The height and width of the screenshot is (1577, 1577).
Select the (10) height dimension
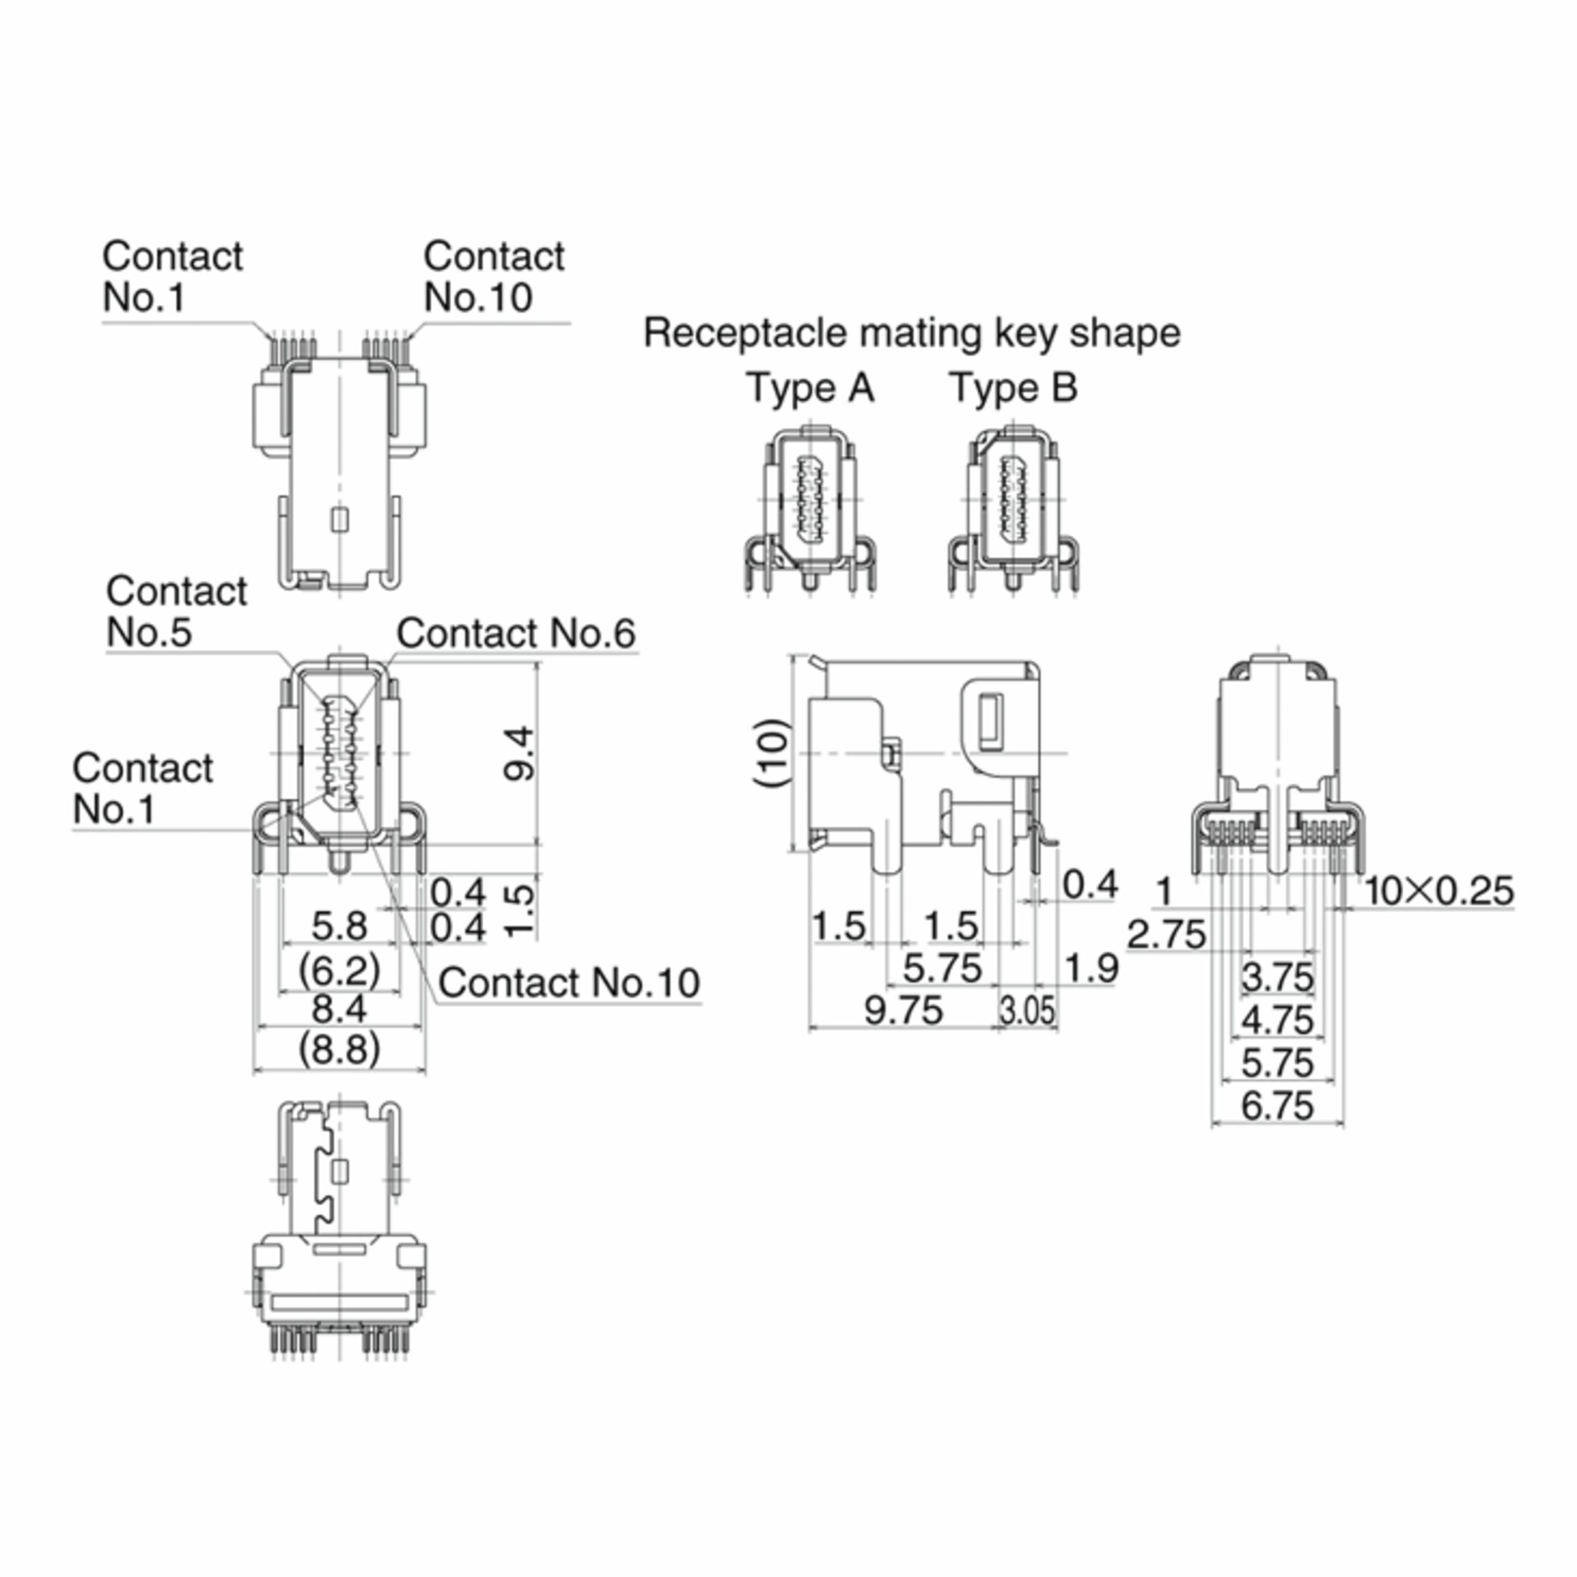772,752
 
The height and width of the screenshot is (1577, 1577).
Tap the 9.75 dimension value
903,1011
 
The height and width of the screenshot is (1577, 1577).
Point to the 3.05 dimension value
1027,1011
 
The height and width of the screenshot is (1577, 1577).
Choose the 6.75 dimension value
1277,1106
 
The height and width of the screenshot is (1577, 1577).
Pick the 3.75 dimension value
1277,977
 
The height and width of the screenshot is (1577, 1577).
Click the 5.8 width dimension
339,926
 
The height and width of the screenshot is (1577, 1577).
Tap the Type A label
810,388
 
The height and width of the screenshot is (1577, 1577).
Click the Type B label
1013,388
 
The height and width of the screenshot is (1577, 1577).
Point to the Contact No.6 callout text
515,634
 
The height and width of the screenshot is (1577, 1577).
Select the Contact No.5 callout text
175,612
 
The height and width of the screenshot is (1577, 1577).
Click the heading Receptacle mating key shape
912,333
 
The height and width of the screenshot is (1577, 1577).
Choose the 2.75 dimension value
1166,934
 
